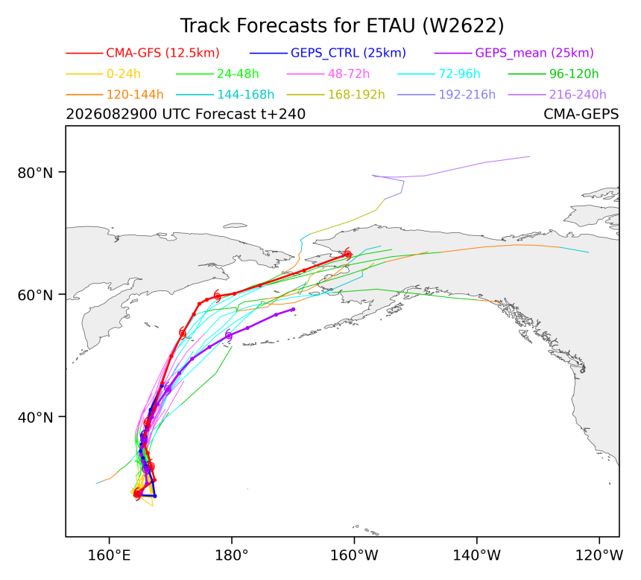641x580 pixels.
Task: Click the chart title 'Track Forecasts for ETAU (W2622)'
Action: [342, 26]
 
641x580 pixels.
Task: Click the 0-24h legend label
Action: [124, 74]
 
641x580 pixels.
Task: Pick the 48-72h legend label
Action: [349, 74]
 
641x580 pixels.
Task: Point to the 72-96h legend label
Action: [459, 74]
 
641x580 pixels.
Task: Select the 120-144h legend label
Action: [135, 95]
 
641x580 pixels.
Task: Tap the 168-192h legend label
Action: [356, 95]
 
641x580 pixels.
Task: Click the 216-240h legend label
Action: [578, 95]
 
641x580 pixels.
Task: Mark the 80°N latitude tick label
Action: [35, 173]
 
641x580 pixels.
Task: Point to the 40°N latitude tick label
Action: [35, 418]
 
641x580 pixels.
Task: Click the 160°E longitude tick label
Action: [109, 555]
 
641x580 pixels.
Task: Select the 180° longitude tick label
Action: [232, 555]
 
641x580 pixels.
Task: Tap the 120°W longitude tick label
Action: [599, 555]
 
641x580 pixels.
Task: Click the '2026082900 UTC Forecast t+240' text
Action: [186, 114]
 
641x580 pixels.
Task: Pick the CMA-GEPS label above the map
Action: [581, 114]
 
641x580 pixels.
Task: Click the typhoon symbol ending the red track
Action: [347, 254]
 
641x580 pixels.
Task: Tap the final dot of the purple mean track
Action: [293, 310]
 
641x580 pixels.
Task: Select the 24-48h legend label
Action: [238, 74]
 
